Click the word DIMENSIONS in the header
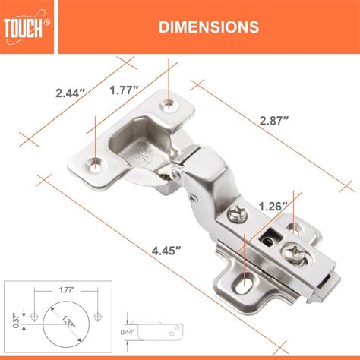206,27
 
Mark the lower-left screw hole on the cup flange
95,162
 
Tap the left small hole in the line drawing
34,314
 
